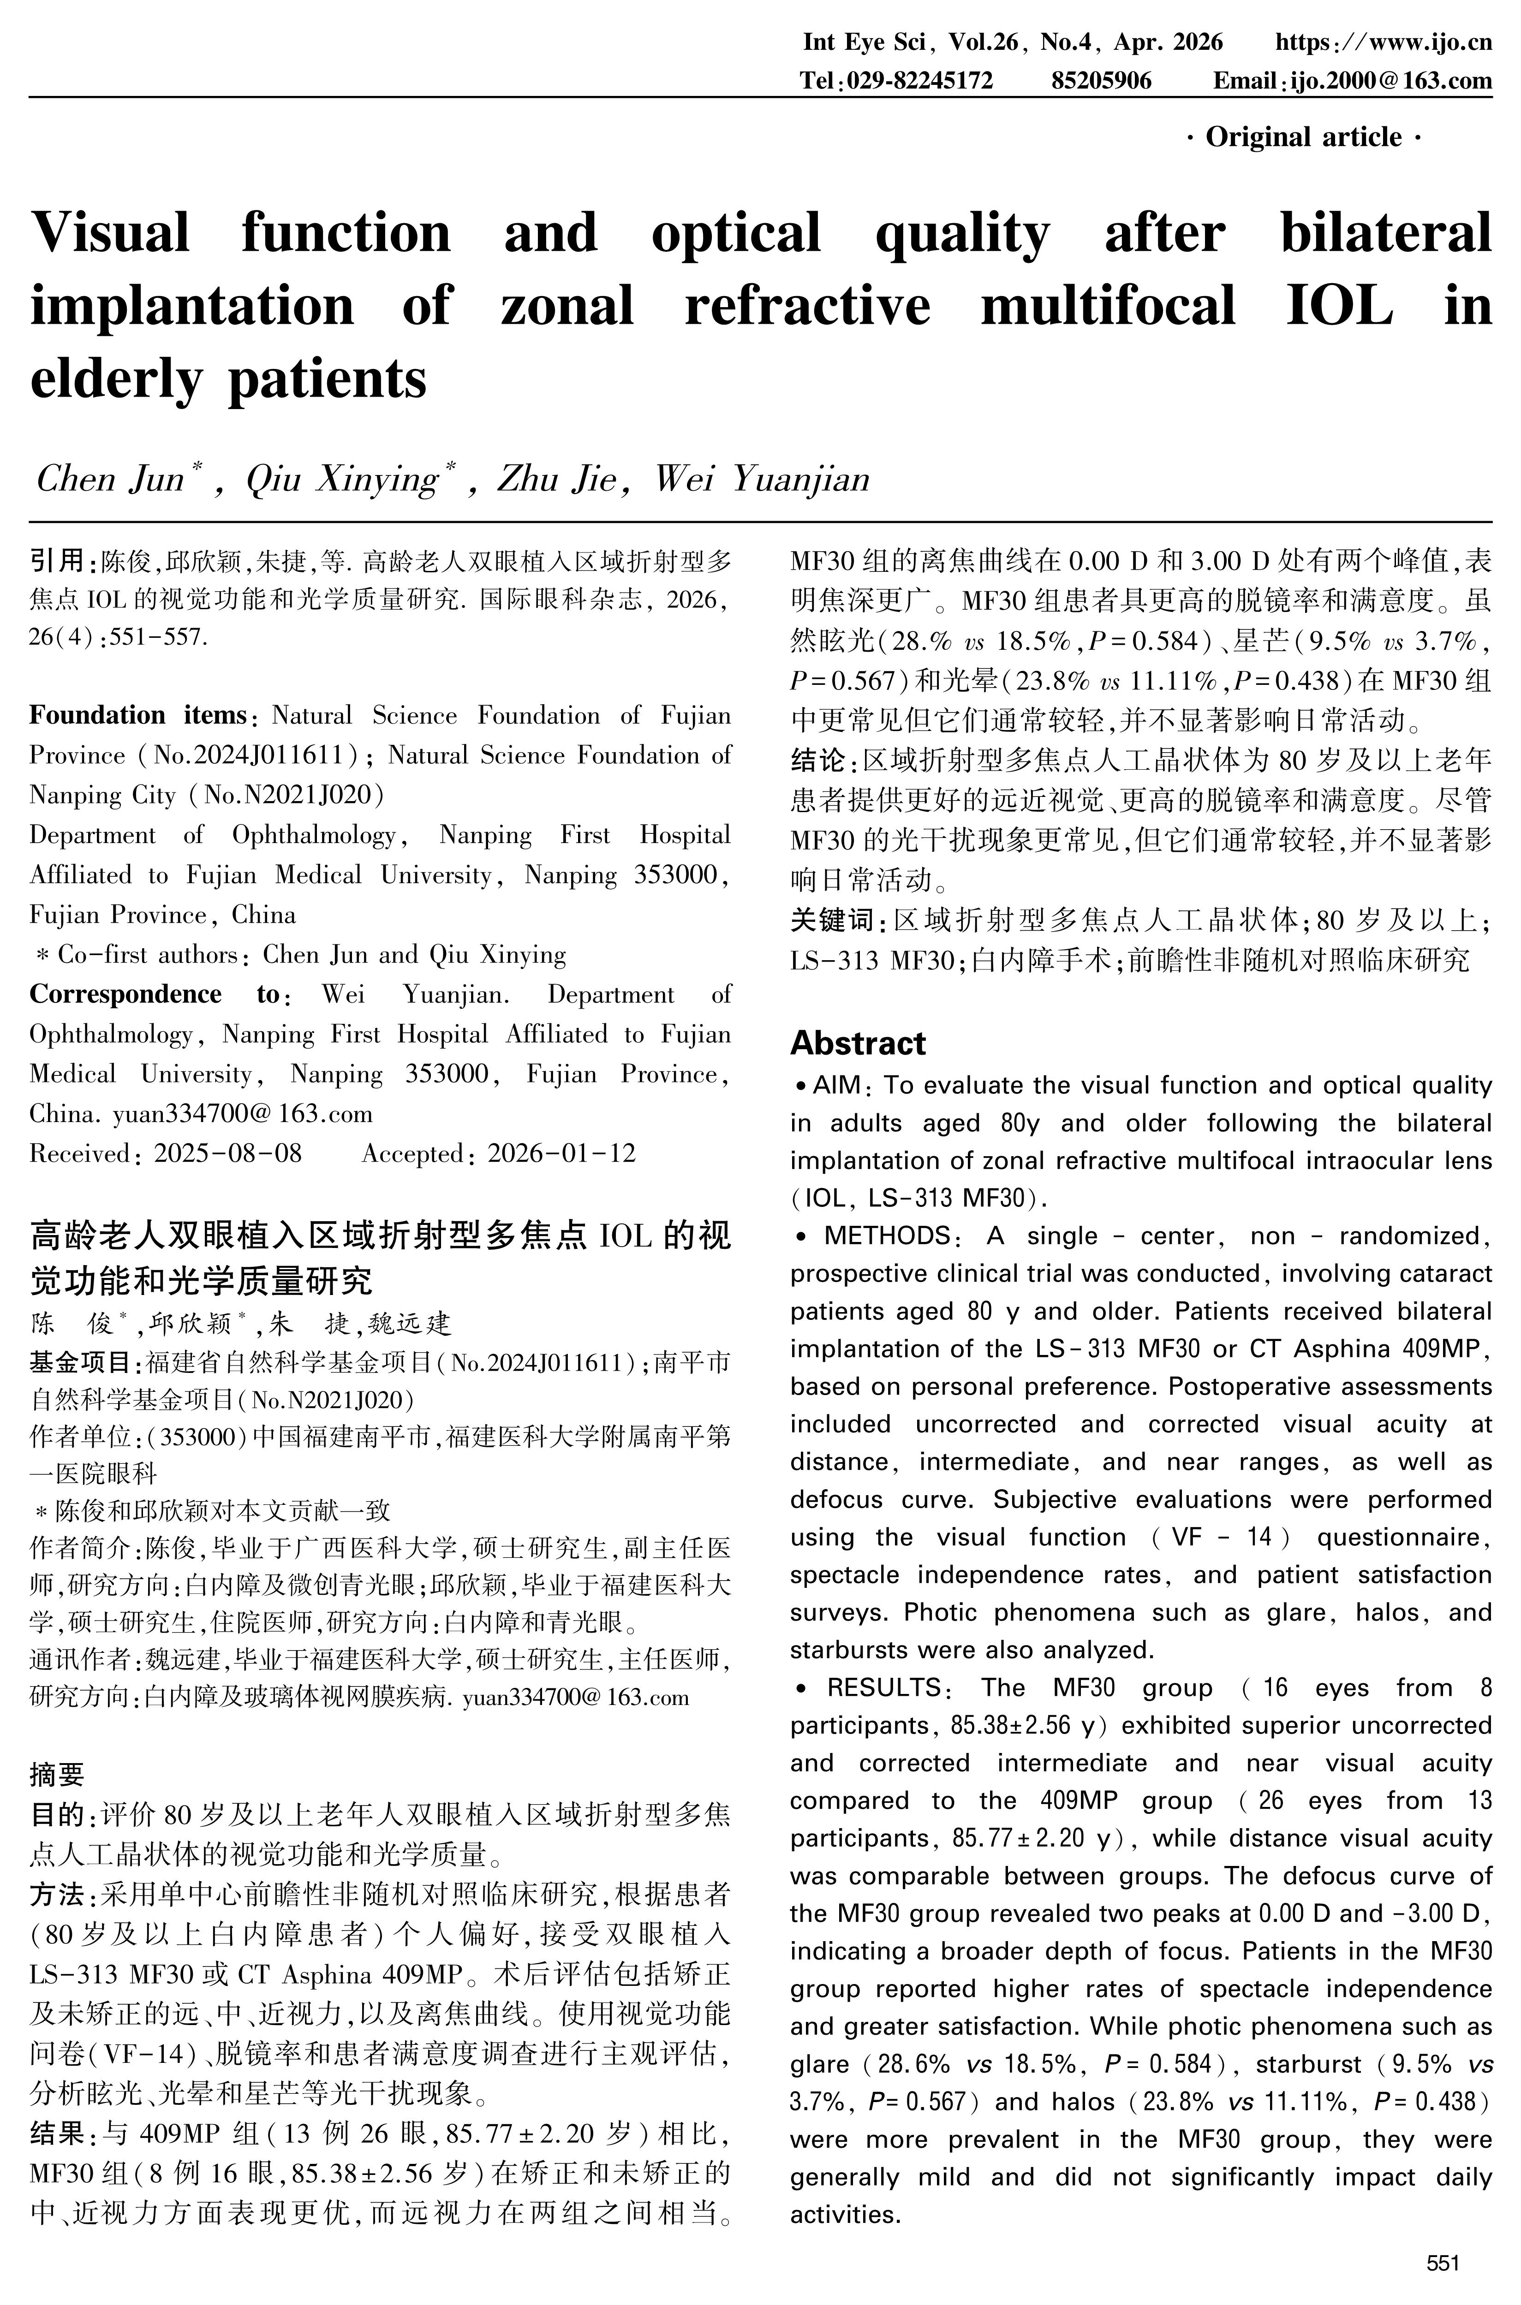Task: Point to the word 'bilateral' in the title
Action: pyautogui.click(x=1385, y=234)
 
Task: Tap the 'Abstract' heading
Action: pyautogui.click(x=858, y=1043)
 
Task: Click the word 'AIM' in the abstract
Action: pyautogui.click(x=836, y=1086)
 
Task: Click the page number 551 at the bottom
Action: pyautogui.click(x=1443, y=2263)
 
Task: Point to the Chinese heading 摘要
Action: pyautogui.click(x=57, y=1776)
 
